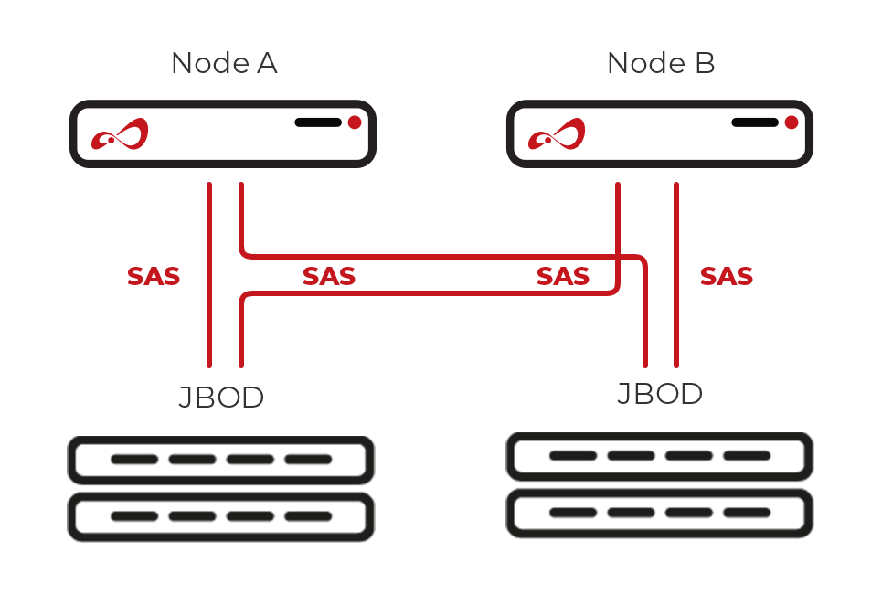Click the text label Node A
point(224,64)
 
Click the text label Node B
point(660,64)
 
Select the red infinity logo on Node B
point(556,136)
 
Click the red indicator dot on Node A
point(355,122)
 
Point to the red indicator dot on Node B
point(792,122)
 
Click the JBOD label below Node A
point(221,398)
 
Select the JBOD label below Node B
point(660,394)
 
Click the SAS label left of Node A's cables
point(154,276)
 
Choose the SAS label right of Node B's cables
point(727,276)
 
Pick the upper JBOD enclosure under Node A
point(221,461)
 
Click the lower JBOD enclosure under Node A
point(221,516)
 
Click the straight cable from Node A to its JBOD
point(209,274)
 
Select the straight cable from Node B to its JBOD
point(676,274)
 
